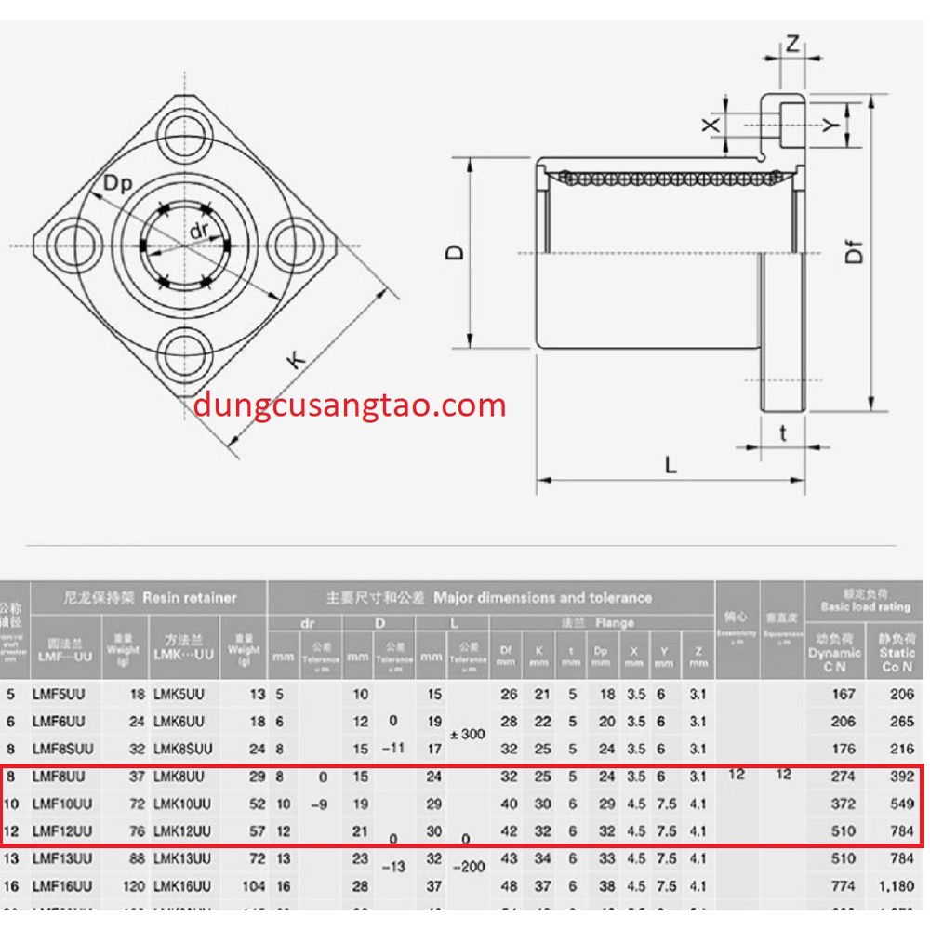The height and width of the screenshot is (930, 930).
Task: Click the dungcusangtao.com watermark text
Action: [x=351, y=405]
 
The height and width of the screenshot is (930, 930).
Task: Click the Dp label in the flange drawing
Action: [x=118, y=183]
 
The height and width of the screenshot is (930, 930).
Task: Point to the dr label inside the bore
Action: [x=198, y=231]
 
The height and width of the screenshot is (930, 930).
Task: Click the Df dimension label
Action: [x=854, y=252]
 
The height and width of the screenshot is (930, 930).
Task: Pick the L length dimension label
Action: [x=670, y=464]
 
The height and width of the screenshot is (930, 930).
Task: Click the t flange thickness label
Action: [x=783, y=432]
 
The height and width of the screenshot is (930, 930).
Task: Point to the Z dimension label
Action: [x=792, y=43]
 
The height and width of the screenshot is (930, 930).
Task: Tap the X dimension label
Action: [x=711, y=124]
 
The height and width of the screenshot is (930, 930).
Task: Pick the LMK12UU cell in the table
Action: [x=182, y=831]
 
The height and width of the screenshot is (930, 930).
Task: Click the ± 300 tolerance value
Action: [x=467, y=734]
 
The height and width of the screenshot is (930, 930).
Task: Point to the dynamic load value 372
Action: [x=841, y=804]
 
